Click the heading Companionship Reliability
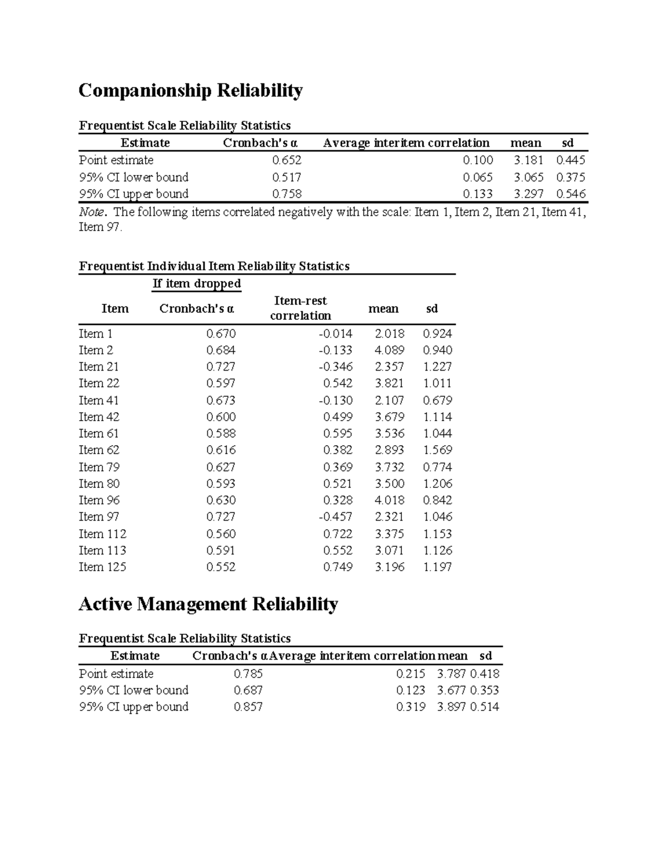(190, 90)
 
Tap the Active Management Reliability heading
(208, 604)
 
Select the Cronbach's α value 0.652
(286, 160)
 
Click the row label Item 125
(102, 567)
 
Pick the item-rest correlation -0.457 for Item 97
(335, 517)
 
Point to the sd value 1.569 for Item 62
(437, 450)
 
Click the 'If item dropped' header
(197, 284)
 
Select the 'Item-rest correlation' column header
(300, 308)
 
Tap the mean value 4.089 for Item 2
(389, 350)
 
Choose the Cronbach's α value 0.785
(248, 674)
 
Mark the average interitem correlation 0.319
(410, 707)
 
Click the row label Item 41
(99, 401)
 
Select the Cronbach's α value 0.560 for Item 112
(221, 534)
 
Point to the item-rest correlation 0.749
(337, 567)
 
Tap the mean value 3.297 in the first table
(528, 194)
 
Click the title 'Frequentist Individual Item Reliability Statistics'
(214, 266)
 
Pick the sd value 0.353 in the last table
(484, 690)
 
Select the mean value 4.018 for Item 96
(389, 500)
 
